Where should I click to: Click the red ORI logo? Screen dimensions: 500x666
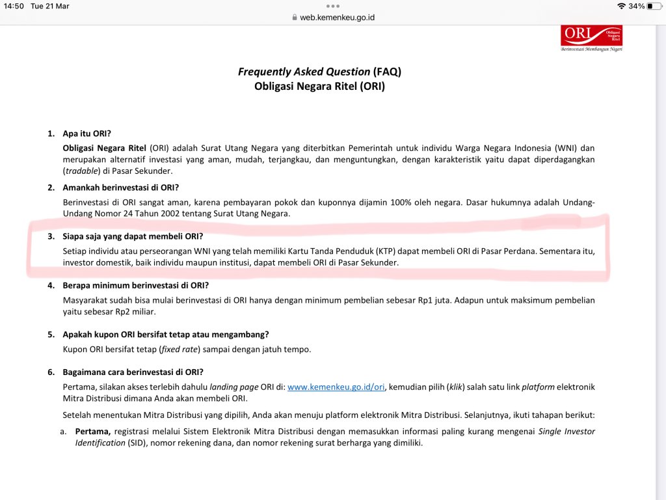click(591, 36)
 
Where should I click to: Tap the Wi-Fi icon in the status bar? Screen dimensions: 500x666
click(621, 7)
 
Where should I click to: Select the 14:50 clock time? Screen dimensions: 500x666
click(13, 7)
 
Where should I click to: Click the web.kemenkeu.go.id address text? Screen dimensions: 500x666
click(337, 18)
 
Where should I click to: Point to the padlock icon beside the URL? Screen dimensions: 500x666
click(295, 18)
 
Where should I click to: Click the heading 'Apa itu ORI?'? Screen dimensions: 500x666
click(91, 133)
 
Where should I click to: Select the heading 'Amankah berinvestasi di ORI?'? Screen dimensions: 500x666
click(121, 187)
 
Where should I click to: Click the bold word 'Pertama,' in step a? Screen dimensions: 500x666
click(93, 432)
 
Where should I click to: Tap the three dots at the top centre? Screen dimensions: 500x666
click(333, 6)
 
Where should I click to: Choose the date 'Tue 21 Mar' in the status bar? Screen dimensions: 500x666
click(50, 7)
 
